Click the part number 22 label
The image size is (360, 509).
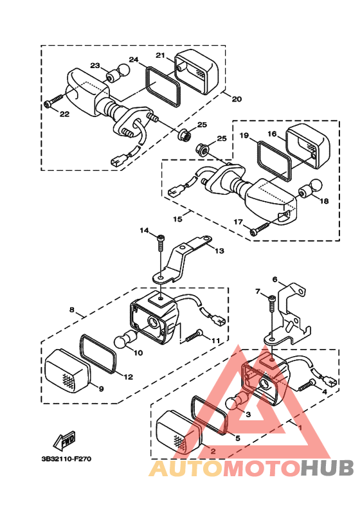pyautogui.click(x=64, y=114)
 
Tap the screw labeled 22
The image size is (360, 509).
pyautogui.click(x=53, y=100)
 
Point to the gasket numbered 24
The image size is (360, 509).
pyautogui.click(x=163, y=86)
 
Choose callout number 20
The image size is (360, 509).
pyautogui.click(x=237, y=99)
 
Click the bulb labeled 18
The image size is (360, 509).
pyautogui.click(x=310, y=188)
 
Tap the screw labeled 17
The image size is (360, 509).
pyautogui.click(x=260, y=228)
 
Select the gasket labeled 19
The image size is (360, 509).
pyautogui.click(x=274, y=161)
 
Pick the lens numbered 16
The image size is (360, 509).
pyautogui.click(x=308, y=146)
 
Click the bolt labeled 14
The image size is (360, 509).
pyautogui.click(x=161, y=242)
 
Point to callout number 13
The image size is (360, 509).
pyautogui.click(x=219, y=251)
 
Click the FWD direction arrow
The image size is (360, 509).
pyautogui.click(x=64, y=440)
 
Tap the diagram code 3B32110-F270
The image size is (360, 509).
pyautogui.click(x=67, y=459)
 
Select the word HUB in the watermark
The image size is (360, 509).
pyautogui.click(x=327, y=468)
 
